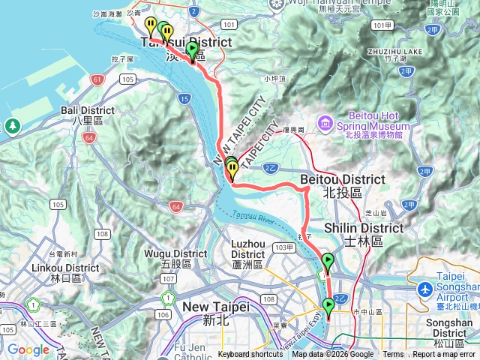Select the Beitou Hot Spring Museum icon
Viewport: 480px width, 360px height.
[325, 122]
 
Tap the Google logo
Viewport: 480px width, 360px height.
[28, 349]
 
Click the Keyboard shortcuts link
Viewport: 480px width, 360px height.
[250, 355]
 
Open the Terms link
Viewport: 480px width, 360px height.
[393, 355]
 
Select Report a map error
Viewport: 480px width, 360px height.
[445, 355]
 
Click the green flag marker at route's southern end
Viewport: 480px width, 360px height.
[328, 305]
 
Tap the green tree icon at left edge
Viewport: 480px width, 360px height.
[11, 126]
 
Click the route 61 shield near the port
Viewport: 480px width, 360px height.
[97, 79]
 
